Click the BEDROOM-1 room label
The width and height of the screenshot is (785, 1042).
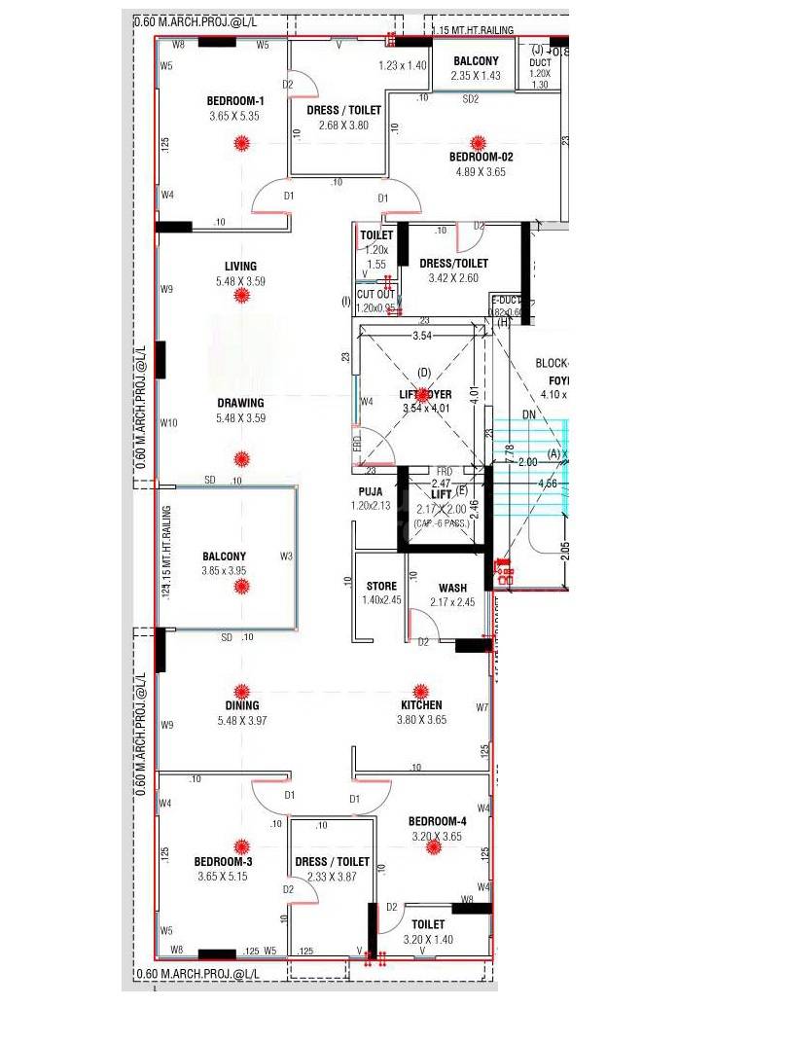point(235,101)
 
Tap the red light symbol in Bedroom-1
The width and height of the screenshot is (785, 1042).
point(241,144)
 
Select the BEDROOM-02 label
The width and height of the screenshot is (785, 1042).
point(481,157)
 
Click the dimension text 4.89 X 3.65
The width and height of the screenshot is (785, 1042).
point(481,172)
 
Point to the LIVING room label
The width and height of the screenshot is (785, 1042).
point(240,266)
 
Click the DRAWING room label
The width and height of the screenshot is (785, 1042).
point(240,403)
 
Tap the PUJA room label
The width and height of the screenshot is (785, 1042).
point(370,492)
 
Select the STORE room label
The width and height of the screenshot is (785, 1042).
point(381,586)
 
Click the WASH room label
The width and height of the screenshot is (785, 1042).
point(452,588)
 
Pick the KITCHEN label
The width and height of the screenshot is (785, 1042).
point(421,705)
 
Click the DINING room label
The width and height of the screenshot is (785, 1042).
point(242,706)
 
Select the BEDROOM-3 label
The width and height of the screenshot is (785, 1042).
point(223,862)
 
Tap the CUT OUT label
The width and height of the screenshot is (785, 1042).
point(376,295)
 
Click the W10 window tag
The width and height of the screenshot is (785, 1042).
point(169,423)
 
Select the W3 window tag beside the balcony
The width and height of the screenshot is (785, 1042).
point(286,557)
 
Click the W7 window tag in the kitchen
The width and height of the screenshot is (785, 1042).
point(482,707)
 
